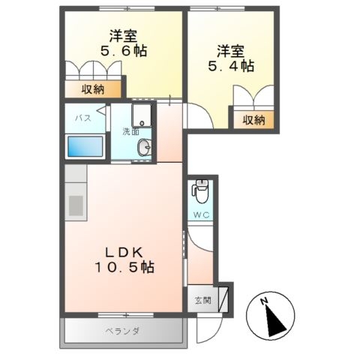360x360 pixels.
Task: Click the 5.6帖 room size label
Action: tap(124, 52)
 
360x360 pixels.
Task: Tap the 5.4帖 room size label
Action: tap(231, 66)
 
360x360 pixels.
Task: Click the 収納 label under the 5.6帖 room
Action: tap(94, 89)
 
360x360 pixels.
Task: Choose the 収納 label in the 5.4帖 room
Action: tap(253, 118)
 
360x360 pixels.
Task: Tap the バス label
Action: tap(84, 118)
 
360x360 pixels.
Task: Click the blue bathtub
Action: tap(85, 145)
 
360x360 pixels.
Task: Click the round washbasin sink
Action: tap(145, 148)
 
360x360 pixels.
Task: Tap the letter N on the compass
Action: tap(264, 302)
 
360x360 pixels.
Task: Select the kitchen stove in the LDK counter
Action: tap(76, 204)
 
